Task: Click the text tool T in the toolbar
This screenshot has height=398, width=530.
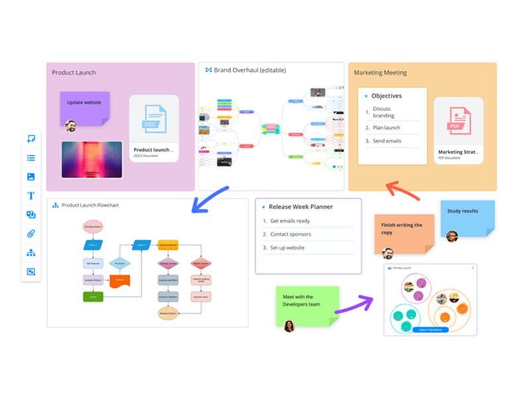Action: (x=30, y=196)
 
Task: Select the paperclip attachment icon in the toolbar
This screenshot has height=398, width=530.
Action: (x=30, y=233)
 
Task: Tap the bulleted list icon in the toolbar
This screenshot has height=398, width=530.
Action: (x=30, y=158)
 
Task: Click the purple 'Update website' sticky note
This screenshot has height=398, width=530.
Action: (x=85, y=106)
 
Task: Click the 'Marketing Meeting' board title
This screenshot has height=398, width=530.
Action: (x=380, y=72)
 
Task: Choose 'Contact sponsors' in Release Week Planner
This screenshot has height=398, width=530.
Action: (x=290, y=234)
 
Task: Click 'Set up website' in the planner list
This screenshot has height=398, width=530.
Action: (x=287, y=248)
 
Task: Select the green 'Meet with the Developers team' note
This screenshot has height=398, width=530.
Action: (x=307, y=302)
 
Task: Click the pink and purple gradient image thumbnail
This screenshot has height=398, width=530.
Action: (x=92, y=159)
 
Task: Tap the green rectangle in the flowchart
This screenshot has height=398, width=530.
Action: (x=92, y=297)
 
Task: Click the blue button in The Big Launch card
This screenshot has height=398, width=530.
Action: (x=430, y=329)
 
